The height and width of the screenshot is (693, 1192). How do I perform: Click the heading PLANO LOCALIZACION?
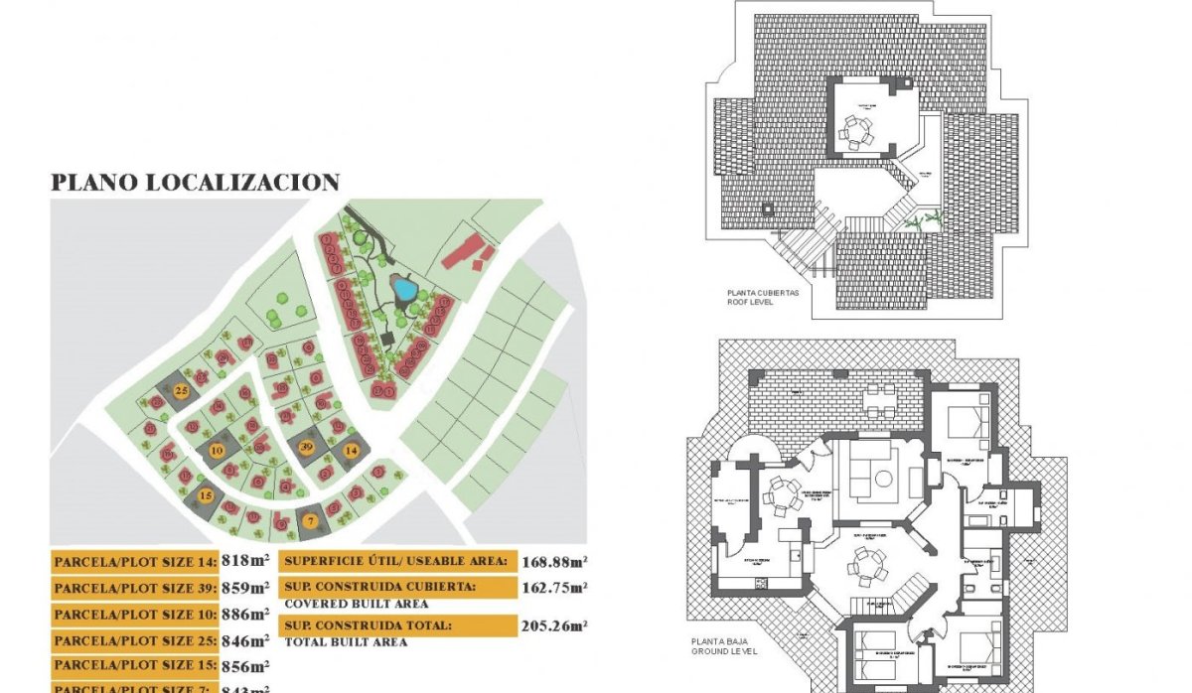click(x=196, y=183)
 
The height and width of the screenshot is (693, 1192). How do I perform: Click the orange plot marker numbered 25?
click(x=182, y=391)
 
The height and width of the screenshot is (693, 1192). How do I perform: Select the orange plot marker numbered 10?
click(x=218, y=450)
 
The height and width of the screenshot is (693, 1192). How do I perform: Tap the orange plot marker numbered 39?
click(x=307, y=448)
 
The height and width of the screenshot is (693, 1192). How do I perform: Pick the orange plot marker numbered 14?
click(x=350, y=451)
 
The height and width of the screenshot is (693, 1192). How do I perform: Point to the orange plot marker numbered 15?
click(x=206, y=495)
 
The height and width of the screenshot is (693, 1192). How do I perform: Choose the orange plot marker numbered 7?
click(x=311, y=520)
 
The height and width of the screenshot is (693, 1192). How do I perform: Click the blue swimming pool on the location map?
click(x=404, y=290)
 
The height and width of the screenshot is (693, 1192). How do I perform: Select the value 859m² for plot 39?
click(x=246, y=588)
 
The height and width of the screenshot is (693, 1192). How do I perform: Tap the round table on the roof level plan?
click(x=855, y=130)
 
